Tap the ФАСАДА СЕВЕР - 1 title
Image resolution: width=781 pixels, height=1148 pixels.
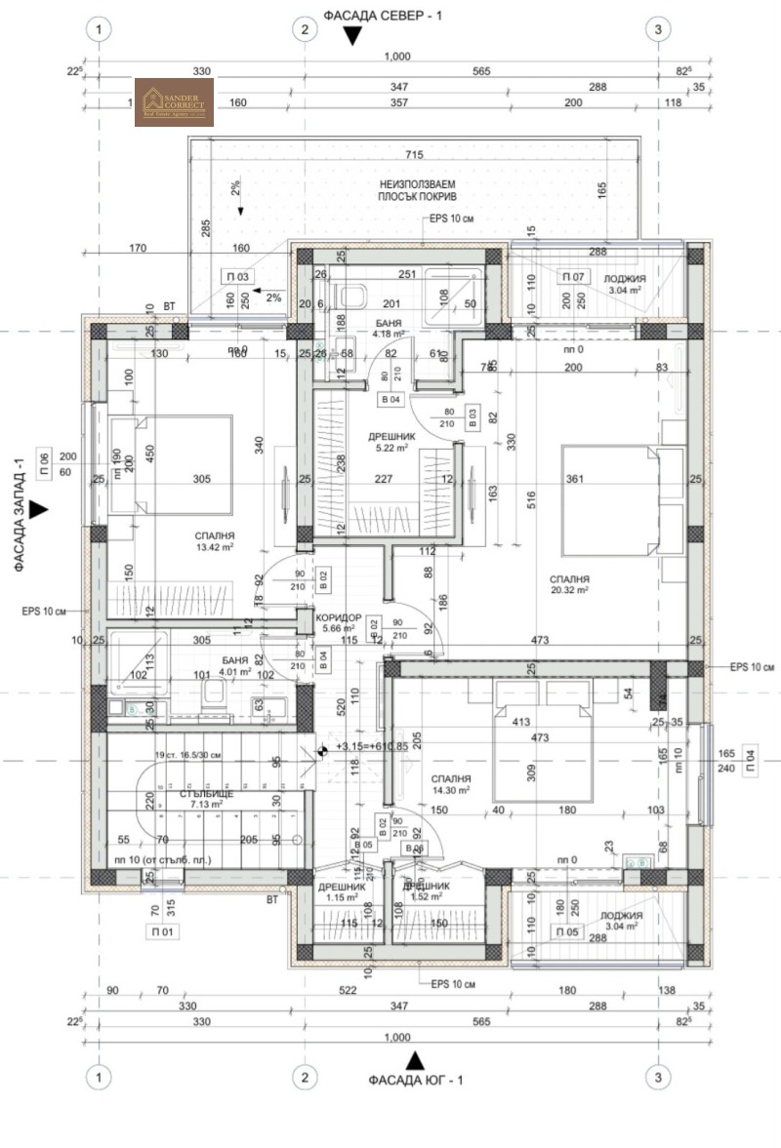383,16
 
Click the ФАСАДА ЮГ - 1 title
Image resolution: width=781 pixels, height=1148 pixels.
416,1080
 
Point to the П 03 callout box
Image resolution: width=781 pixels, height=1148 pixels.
237,276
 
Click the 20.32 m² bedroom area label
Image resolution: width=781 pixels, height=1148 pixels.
568,584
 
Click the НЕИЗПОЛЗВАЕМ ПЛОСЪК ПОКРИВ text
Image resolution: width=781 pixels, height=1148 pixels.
418,189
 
